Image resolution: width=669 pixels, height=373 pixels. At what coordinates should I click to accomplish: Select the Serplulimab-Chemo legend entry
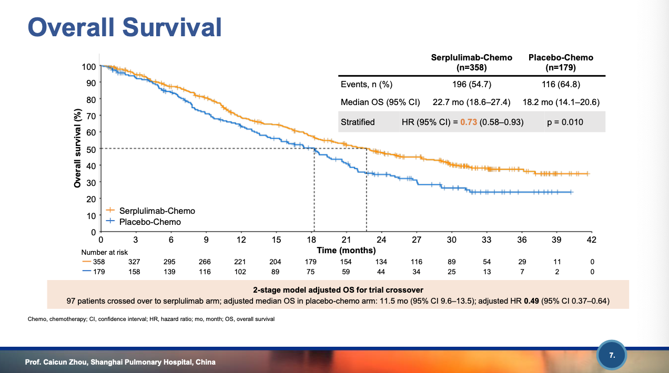[x=157, y=211]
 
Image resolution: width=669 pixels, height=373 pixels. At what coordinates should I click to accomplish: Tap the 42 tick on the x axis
[x=592, y=240]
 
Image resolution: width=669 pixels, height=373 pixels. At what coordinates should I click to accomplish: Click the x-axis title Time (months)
[x=346, y=251]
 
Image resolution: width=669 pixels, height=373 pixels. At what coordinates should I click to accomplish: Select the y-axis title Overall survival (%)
[x=78, y=148]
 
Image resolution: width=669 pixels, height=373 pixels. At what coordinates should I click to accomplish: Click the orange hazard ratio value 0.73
[x=468, y=122]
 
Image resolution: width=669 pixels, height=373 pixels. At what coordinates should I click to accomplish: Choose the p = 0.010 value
[x=565, y=122]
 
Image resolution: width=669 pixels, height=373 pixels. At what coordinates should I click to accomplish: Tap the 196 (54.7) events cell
[x=472, y=85]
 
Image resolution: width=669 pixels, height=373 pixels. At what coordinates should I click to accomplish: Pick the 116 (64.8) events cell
[x=561, y=85]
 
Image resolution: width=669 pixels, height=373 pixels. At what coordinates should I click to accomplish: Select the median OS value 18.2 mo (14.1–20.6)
[x=561, y=102]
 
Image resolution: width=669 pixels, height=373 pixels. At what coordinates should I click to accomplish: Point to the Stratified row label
[x=358, y=122]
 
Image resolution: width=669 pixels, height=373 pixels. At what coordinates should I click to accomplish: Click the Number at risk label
[x=105, y=253]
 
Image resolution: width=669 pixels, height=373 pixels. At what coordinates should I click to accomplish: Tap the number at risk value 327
[x=136, y=262]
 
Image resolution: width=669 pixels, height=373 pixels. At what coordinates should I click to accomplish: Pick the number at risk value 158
[x=136, y=272]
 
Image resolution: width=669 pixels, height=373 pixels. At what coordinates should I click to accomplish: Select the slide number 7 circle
[x=612, y=356]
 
